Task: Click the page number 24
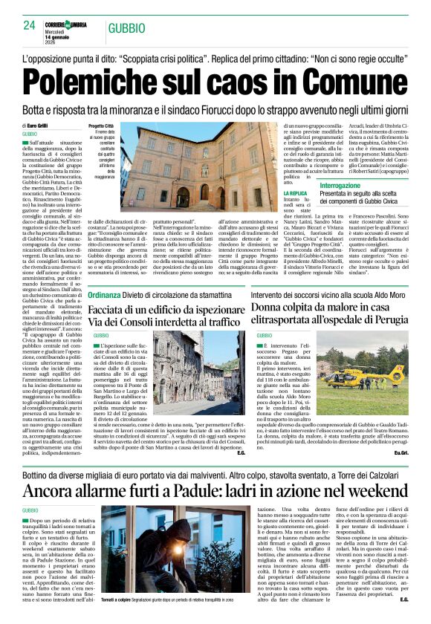pyautogui.click(x=29, y=25)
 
